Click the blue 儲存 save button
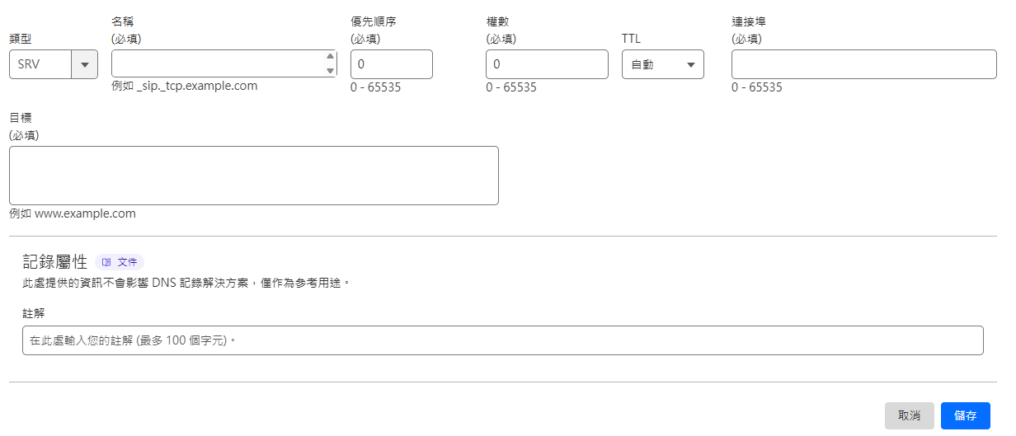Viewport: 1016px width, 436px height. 965,415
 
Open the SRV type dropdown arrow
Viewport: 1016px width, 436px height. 84,64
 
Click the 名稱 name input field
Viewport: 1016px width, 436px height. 219,63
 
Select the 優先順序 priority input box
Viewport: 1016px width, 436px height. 392,64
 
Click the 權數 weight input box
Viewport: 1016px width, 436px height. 547,64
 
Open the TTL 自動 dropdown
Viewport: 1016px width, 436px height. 663,64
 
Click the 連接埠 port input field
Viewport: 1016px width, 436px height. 864,64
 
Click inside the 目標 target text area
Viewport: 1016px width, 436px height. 254,176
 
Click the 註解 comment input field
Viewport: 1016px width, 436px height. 503,340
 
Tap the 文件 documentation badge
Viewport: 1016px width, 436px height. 120,262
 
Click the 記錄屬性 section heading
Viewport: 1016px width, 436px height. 55,262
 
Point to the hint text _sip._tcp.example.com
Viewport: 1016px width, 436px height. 197,86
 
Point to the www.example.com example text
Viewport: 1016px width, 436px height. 85,213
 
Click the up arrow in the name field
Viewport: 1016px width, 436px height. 330,56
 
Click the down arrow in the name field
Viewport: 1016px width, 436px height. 330,70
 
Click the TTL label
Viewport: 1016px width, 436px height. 631,39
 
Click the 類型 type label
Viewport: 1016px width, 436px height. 21,39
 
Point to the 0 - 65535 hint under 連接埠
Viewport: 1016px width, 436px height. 756,87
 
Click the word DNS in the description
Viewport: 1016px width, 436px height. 164,284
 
